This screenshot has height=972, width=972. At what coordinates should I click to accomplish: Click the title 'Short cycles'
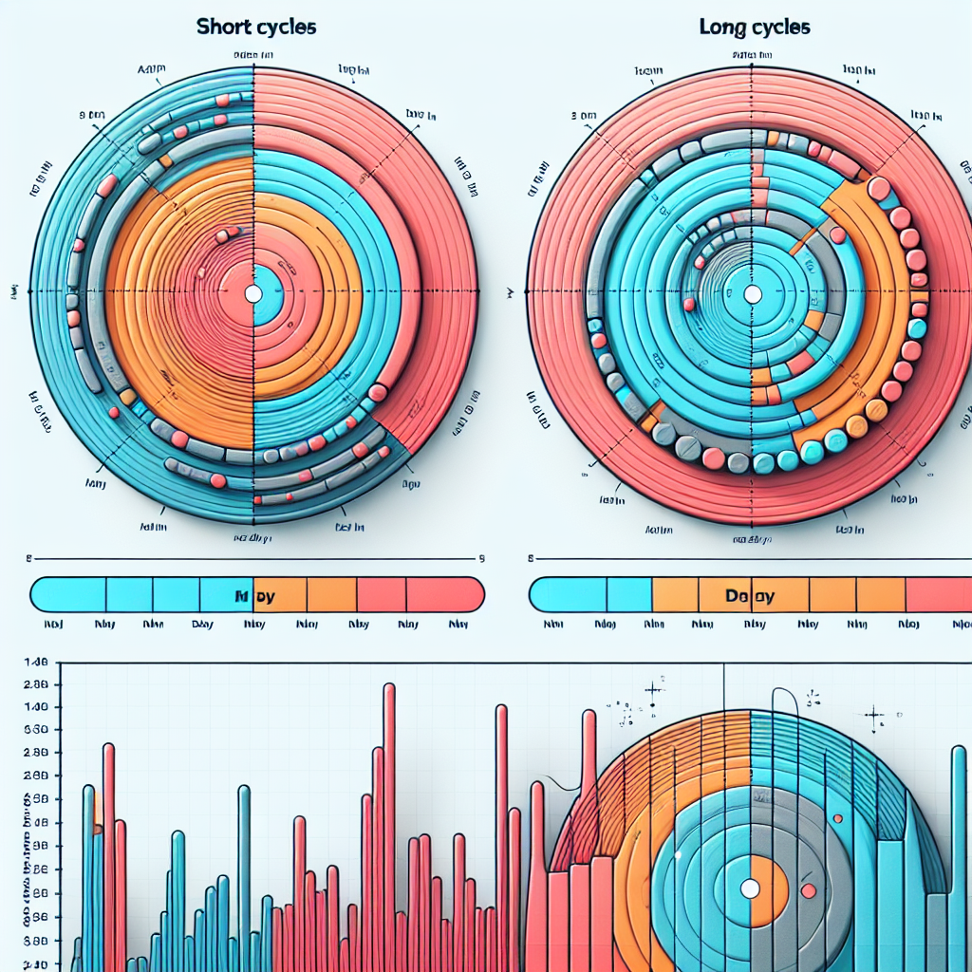(256, 27)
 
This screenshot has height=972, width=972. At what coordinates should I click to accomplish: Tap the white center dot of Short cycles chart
(253, 294)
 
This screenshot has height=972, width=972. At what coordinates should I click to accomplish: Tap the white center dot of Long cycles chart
(752, 294)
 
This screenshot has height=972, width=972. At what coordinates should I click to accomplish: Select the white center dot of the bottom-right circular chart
(750, 888)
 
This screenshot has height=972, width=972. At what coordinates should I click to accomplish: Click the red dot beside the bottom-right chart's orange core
(809, 890)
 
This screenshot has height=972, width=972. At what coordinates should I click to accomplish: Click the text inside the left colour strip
(254, 597)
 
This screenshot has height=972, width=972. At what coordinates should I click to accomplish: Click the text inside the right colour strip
(750, 597)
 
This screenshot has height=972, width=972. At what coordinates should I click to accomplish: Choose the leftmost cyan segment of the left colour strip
(68, 594)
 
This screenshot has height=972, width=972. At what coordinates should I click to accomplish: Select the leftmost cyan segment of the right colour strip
(567, 594)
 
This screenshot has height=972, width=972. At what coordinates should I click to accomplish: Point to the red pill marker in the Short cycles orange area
(228, 234)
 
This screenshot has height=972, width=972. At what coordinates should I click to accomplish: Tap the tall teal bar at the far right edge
(959, 854)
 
